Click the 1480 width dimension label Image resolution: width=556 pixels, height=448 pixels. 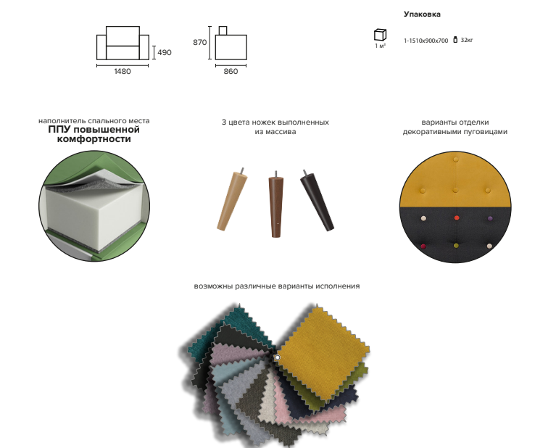tap(123, 72)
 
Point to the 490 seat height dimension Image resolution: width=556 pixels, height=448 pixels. tap(165, 52)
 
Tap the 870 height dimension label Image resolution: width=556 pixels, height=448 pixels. tap(199, 43)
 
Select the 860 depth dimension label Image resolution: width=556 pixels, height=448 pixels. tap(231, 72)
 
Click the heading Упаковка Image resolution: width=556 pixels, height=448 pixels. tap(422, 14)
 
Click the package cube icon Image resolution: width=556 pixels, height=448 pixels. tap(380, 35)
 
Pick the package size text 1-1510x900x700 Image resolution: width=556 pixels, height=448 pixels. tap(426, 41)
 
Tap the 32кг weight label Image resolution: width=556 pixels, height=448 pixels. tap(467, 40)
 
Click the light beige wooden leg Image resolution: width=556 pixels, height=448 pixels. tap(232, 200)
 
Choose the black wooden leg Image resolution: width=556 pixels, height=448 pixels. tap(317, 201)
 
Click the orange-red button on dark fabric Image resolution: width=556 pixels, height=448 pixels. tap(457, 217)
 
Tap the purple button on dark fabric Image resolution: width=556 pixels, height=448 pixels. tap(490, 218)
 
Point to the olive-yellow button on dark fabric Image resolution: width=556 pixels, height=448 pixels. tap(457, 246)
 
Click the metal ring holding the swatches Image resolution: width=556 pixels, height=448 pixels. tap(278, 357)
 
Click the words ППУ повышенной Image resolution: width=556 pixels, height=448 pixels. tap(94, 130)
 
